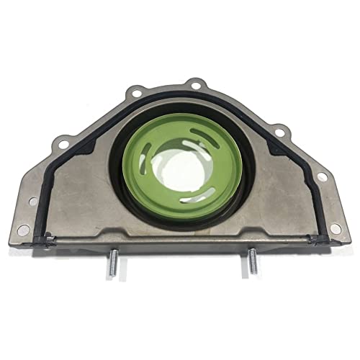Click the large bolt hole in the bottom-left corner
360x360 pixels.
[x=24, y=230]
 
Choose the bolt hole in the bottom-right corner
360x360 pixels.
[x=335, y=228]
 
